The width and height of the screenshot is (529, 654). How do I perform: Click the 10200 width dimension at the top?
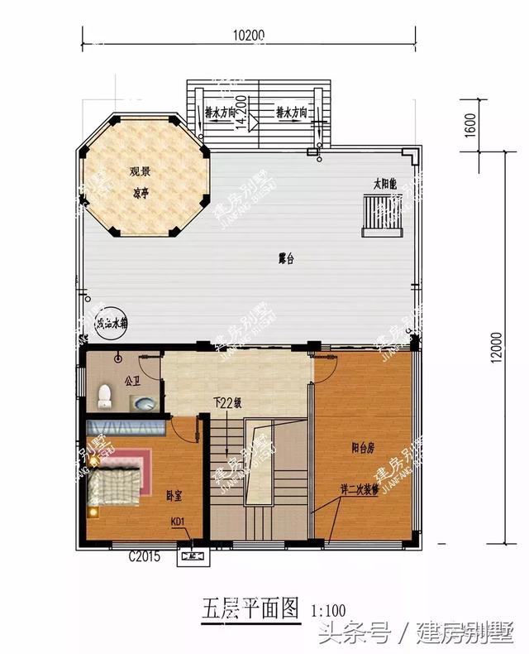247,36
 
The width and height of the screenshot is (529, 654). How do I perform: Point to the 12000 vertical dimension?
495,349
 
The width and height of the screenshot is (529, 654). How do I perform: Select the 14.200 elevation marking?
241,109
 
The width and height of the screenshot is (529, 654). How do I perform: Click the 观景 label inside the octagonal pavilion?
140,172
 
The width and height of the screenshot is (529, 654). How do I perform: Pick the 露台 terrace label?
286,259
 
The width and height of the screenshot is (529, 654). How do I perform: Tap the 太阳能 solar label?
385,184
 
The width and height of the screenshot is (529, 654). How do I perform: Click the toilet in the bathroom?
104,396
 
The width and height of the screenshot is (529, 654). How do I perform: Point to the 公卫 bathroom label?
132,382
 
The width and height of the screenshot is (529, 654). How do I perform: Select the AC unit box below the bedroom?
193,557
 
